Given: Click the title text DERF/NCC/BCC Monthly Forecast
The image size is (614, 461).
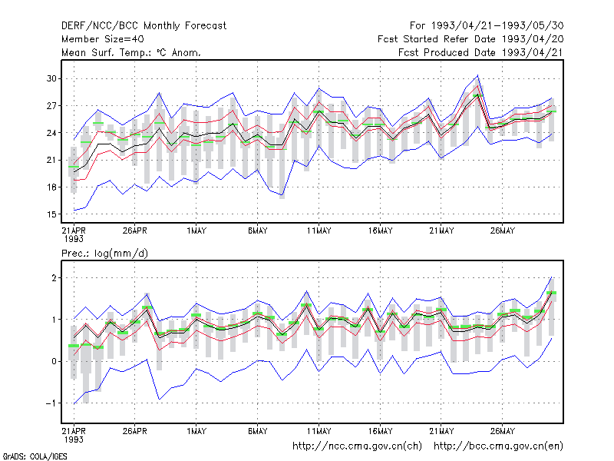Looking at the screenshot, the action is click(144, 26).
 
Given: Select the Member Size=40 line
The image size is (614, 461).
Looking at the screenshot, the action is click(103, 39).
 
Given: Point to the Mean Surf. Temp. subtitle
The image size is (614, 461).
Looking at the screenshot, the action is click(131, 52).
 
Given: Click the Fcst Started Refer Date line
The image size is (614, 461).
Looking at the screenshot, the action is click(470, 39).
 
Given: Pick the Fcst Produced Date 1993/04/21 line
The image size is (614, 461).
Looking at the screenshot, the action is click(481, 52).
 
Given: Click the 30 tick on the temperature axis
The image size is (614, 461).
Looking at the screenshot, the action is click(51, 78).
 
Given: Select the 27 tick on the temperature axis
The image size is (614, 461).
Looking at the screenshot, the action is click(51, 106).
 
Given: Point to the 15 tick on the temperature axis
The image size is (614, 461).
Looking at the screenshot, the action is click(51, 214).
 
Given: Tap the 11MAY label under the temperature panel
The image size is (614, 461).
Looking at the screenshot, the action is click(319, 230).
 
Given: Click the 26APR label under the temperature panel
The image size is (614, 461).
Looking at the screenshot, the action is click(135, 230).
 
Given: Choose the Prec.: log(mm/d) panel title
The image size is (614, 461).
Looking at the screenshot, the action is click(104, 254).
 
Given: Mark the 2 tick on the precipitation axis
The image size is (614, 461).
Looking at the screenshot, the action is click(54, 278).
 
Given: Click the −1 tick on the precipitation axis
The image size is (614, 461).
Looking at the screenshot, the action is click(51, 403).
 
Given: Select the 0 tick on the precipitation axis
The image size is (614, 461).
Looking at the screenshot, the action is click(54, 361).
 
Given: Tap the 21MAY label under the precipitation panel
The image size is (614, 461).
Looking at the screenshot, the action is click(441, 431).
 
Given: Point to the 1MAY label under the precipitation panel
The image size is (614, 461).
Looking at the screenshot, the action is click(196, 431).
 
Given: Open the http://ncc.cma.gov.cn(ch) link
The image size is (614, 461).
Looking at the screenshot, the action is click(358, 446).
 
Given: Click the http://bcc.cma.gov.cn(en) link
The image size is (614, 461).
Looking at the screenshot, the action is click(498, 446).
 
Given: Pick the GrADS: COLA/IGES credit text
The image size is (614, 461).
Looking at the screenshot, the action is click(35, 456).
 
